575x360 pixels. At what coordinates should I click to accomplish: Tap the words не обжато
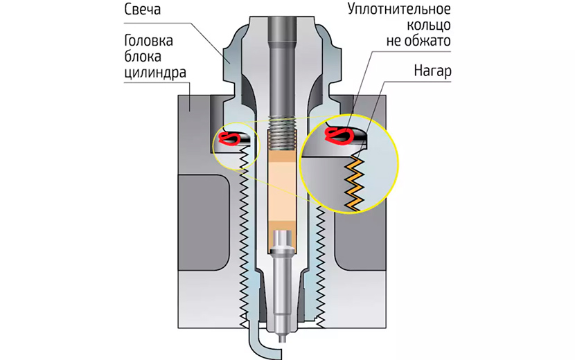pyautogui.click(x=418, y=42)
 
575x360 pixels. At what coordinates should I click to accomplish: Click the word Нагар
pyautogui.click(x=434, y=71)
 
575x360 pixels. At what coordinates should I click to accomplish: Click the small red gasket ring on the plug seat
pyautogui.click(x=232, y=138)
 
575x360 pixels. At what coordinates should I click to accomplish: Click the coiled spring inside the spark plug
pyautogui.click(x=281, y=132)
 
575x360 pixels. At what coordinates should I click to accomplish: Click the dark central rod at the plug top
pyautogui.click(x=281, y=55)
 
